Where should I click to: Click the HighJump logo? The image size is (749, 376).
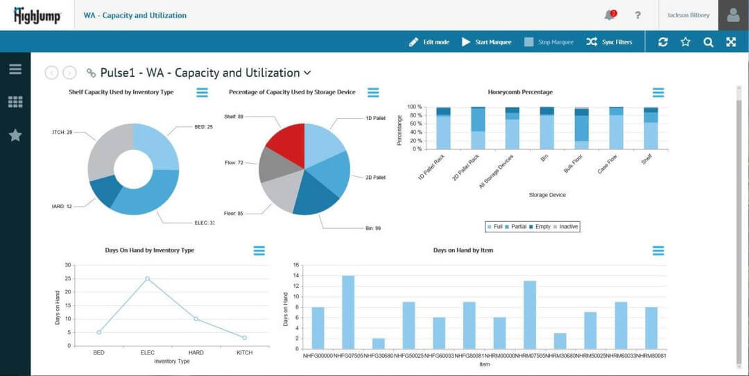click(x=37, y=15)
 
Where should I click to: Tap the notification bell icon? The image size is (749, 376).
click(x=610, y=15)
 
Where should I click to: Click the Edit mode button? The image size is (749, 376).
click(x=429, y=42)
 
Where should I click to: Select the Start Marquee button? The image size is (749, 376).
click(x=486, y=42)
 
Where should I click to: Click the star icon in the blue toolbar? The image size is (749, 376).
click(x=685, y=42)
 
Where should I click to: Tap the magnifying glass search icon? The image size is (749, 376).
click(x=708, y=42)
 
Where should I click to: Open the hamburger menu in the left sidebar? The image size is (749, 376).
click(x=15, y=69)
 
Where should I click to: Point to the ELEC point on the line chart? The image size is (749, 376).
click(x=147, y=278)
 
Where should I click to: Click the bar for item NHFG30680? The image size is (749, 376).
click(x=378, y=343)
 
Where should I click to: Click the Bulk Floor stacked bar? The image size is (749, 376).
click(x=581, y=128)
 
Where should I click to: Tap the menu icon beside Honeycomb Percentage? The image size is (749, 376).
click(x=658, y=92)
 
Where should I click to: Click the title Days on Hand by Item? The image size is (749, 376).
click(x=463, y=250)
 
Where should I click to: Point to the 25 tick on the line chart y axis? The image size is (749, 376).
click(x=67, y=278)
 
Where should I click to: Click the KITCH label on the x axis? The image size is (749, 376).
click(x=244, y=352)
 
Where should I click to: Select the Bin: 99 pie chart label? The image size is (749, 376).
click(x=373, y=228)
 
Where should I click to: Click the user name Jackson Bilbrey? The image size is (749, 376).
click(x=688, y=15)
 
